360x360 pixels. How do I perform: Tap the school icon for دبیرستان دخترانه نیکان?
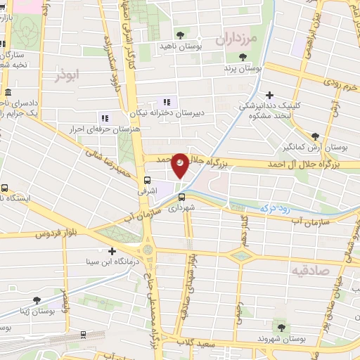[x=166, y=101]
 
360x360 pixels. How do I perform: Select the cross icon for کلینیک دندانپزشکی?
[x=269, y=94]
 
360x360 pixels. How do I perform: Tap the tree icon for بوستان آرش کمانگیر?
[x=314, y=136]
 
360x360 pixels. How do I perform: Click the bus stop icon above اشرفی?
[x=148, y=179]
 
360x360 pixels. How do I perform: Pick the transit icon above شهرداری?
[x=181, y=196]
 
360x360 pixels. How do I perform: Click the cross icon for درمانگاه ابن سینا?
[x=112, y=250]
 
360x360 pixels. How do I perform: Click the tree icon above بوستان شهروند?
[x=282, y=327]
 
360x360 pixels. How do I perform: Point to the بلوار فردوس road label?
[x=56, y=232]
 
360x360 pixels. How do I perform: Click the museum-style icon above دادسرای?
[x=8, y=92]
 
